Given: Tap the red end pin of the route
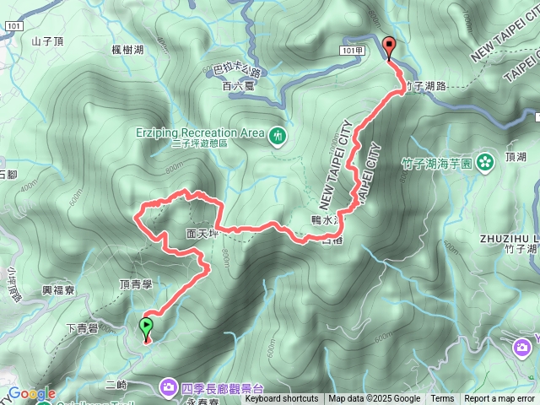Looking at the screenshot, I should click(389, 48).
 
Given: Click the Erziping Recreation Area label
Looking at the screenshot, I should click(200, 132).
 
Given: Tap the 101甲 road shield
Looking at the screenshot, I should click(354, 51).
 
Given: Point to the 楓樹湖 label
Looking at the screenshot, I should click(127, 50).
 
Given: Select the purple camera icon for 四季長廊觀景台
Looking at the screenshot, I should click(169, 387).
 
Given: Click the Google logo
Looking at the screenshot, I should click(32, 394).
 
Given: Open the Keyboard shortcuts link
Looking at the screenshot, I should click(282, 399).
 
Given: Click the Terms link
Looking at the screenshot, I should click(442, 399).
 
